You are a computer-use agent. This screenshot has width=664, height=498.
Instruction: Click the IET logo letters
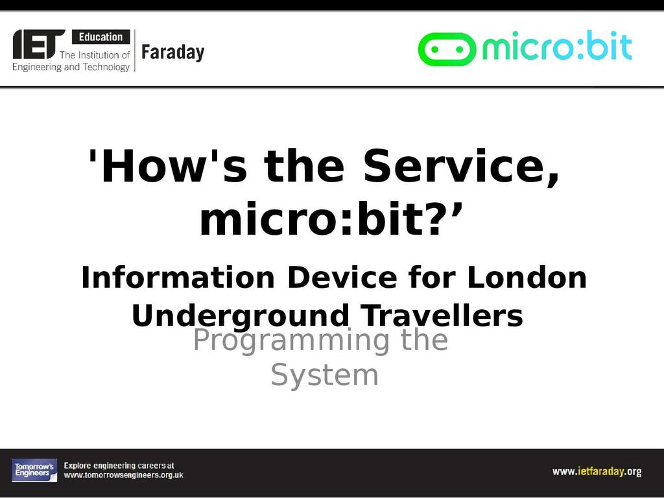tap(38, 44)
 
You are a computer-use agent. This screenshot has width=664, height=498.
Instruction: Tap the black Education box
tap(101, 37)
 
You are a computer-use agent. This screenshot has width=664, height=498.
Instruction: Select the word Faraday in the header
tap(172, 53)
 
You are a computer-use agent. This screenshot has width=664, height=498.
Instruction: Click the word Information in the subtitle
tap(178, 278)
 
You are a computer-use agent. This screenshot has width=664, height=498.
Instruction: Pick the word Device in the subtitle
tap(342, 278)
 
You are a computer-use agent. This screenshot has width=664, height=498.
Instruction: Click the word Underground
tap(240, 316)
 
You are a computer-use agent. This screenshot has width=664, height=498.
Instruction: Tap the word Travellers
tap(442, 316)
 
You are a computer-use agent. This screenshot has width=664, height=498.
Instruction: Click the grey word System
tap(324, 375)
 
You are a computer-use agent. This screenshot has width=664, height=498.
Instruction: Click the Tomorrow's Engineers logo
tap(34, 470)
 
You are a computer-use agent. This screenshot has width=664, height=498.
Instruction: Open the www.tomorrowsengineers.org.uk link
tap(124, 475)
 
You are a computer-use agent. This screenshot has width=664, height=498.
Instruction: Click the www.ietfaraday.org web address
tap(597, 471)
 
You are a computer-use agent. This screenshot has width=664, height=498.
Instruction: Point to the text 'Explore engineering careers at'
tap(119, 466)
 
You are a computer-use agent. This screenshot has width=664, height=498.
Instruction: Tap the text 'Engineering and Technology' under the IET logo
tap(71, 67)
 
